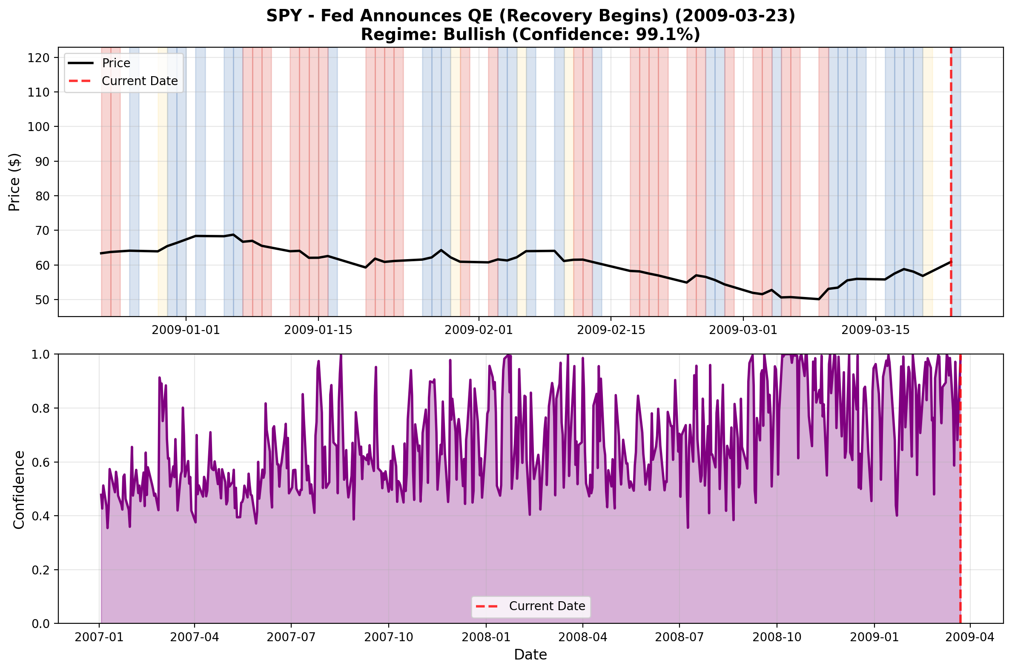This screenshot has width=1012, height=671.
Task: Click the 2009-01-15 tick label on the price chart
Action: [318, 330]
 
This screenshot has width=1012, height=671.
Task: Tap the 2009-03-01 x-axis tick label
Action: [743, 330]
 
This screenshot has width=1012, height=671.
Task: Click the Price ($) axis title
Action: [14, 182]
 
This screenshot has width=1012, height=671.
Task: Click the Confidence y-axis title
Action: [19, 490]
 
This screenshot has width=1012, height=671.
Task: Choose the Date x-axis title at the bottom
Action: [530, 655]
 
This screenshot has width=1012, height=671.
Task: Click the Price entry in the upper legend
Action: [116, 63]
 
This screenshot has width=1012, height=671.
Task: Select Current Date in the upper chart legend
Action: [140, 81]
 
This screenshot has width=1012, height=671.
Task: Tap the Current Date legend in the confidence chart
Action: [547, 606]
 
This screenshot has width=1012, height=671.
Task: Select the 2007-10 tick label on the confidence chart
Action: [388, 637]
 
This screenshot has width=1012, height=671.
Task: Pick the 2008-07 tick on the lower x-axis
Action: [679, 637]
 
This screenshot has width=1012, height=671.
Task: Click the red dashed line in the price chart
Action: [951, 171]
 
